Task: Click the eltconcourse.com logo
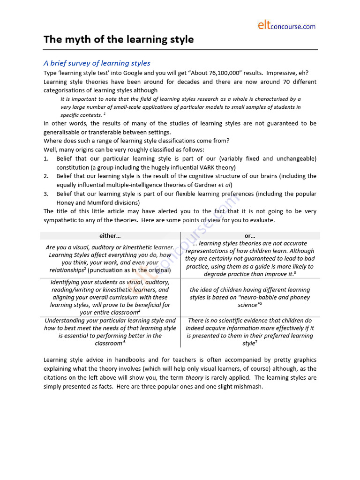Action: pos(286,26)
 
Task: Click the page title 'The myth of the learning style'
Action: pos(119,40)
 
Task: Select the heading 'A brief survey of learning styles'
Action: pos(97,63)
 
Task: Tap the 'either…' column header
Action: pos(110,236)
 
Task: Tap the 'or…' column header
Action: pos(250,236)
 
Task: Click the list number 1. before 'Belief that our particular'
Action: pos(46,159)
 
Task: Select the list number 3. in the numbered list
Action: pos(46,194)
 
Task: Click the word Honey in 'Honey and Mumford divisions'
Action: pos(66,202)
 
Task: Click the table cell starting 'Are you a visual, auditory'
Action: pos(110,259)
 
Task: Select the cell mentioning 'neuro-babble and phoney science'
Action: pos(250,297)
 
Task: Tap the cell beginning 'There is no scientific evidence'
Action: pos(250,332)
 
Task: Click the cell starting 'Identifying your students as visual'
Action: pos(110,297)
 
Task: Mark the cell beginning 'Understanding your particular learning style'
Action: pos(110,332)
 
